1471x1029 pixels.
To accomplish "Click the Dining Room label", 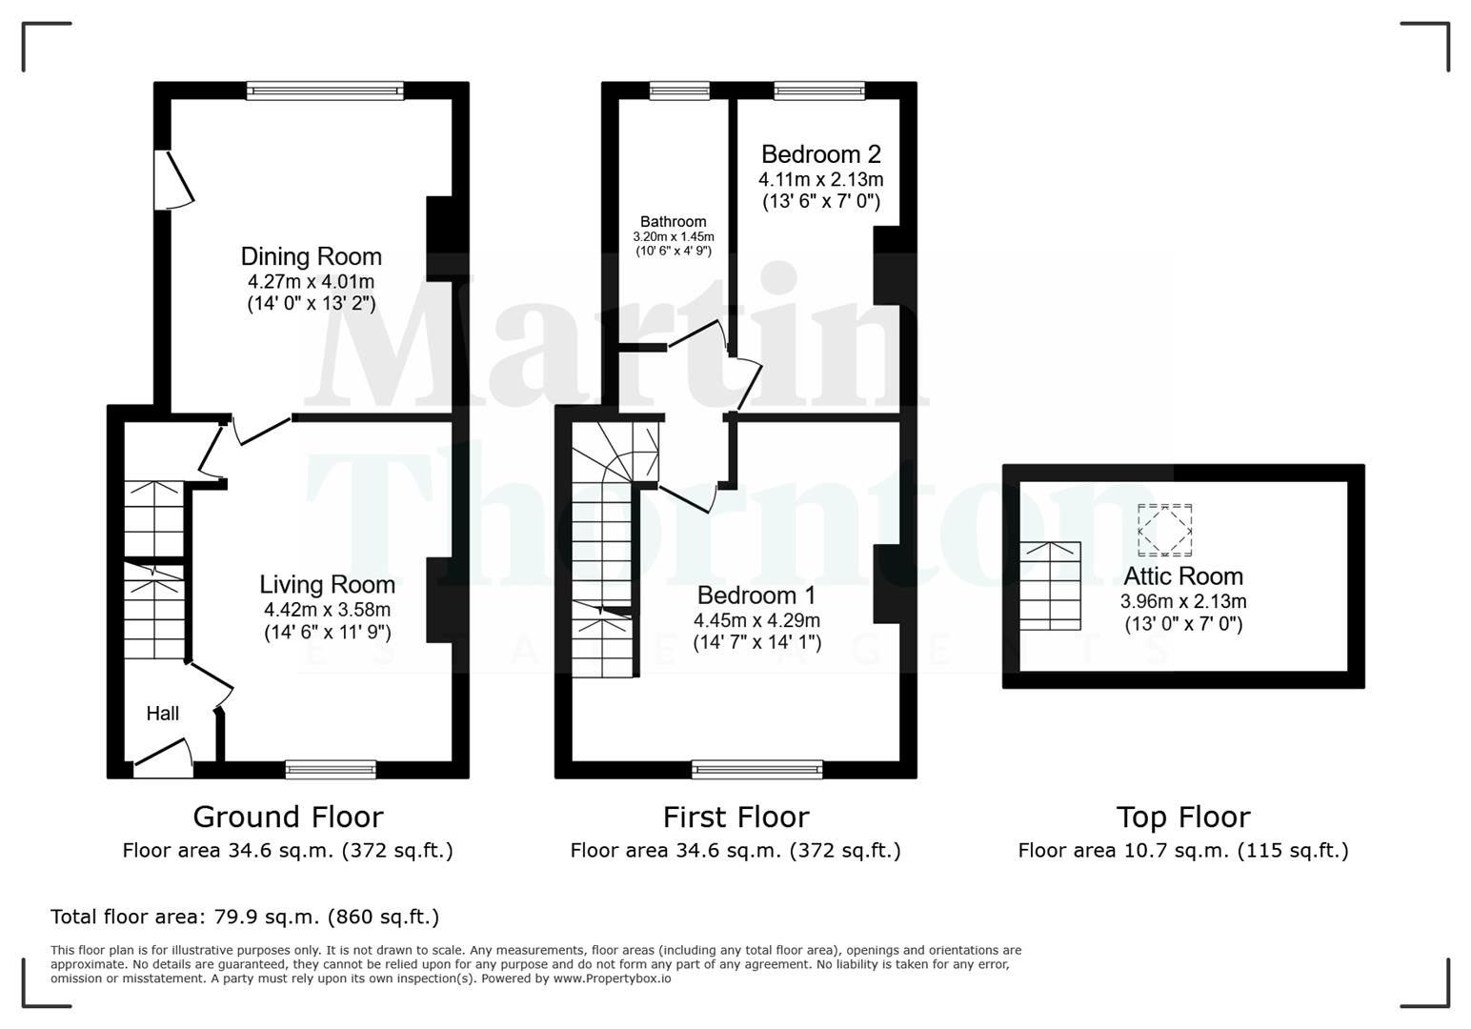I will [x=311, y=256].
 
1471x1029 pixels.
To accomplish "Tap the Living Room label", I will [x=327, y=584].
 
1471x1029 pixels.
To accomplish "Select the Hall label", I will [x=163, y=714].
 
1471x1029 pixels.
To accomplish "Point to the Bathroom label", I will [x=673, y=222].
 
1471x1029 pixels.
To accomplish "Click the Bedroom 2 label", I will [x=820, y=154].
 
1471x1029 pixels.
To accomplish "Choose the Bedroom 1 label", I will [x=756, y=595].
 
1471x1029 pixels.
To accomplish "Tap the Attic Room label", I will [x=1182, y=576].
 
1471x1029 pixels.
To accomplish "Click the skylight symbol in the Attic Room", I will [x=1164, y=531].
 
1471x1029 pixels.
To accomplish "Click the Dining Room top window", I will [x=325, y=91].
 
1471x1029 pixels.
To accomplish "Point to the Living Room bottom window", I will [x=331, y=770].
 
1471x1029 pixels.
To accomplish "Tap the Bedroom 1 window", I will [x=756, y=770].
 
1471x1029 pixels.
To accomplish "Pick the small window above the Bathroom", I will [x=679, y=91].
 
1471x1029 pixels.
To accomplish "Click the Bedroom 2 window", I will [x=819, y=91].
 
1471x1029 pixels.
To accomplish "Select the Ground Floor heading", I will [x=288, y=817].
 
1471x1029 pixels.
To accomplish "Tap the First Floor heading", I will [x=735, y=817].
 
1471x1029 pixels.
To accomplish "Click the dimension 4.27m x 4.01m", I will [x=311, y=282].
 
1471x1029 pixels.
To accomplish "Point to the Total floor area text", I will [x=245, y=918].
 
